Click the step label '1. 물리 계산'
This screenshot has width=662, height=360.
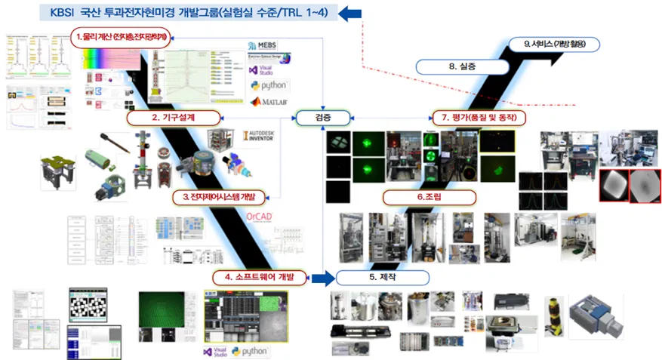click(x=122, y=35)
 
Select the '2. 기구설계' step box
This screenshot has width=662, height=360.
click(x=174, y=118)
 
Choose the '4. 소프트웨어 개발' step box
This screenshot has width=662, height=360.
click(x=260, y=278)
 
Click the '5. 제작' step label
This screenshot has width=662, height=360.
click(x=383, y=278)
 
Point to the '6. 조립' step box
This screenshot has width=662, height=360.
click(x=430, y=197)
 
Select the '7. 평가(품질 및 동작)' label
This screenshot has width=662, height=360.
click(x=479, y=118)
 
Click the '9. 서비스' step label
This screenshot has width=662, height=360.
click(x=553, y=45)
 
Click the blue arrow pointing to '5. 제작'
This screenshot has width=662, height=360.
click(x=322, y=278)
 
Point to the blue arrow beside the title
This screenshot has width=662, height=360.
click(x=350, y=12)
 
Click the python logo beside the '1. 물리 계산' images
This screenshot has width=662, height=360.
click(x=270, y=85)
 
